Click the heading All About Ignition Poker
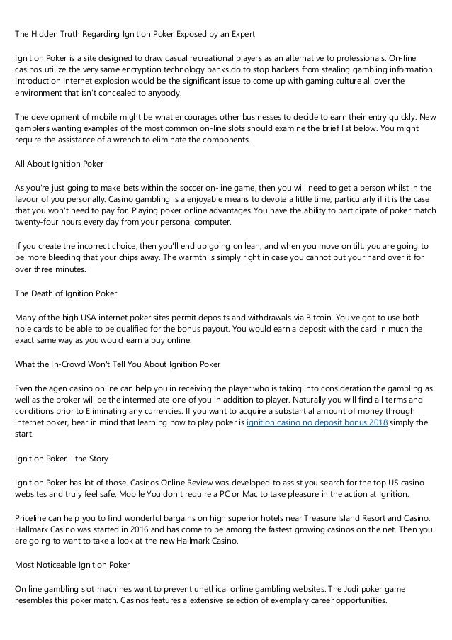(x=60, y=163)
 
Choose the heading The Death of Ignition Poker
(x=66, y=293)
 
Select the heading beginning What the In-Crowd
(x=117, y=364)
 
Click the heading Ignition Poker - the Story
(x=62, y=459)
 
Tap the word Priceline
(x=34, y=518)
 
